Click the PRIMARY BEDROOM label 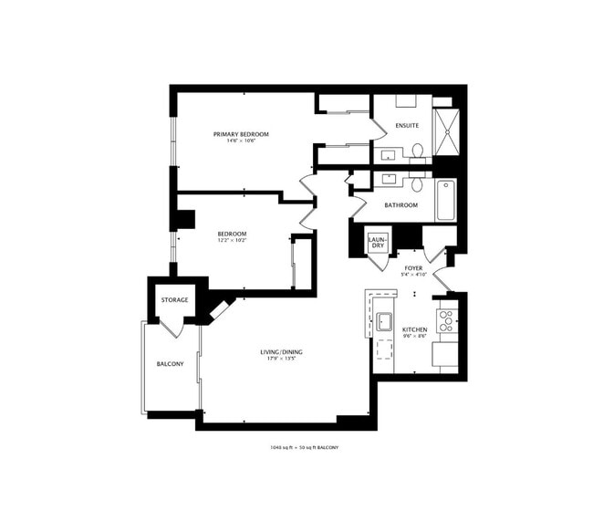coord(241,134)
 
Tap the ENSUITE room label coord(407,125)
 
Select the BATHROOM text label coord(401,205)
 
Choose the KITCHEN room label coord(415,329)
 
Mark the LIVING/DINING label coord(280,352)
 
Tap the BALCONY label coord(170,364)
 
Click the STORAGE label coord(175,300)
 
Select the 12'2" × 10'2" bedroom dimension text coord(232,241)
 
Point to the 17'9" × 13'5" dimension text coord(280,359)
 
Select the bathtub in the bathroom coord(445,200)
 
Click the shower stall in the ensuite coord(446,133)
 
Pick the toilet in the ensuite coord(417,150)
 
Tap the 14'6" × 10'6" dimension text coord(241,141)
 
